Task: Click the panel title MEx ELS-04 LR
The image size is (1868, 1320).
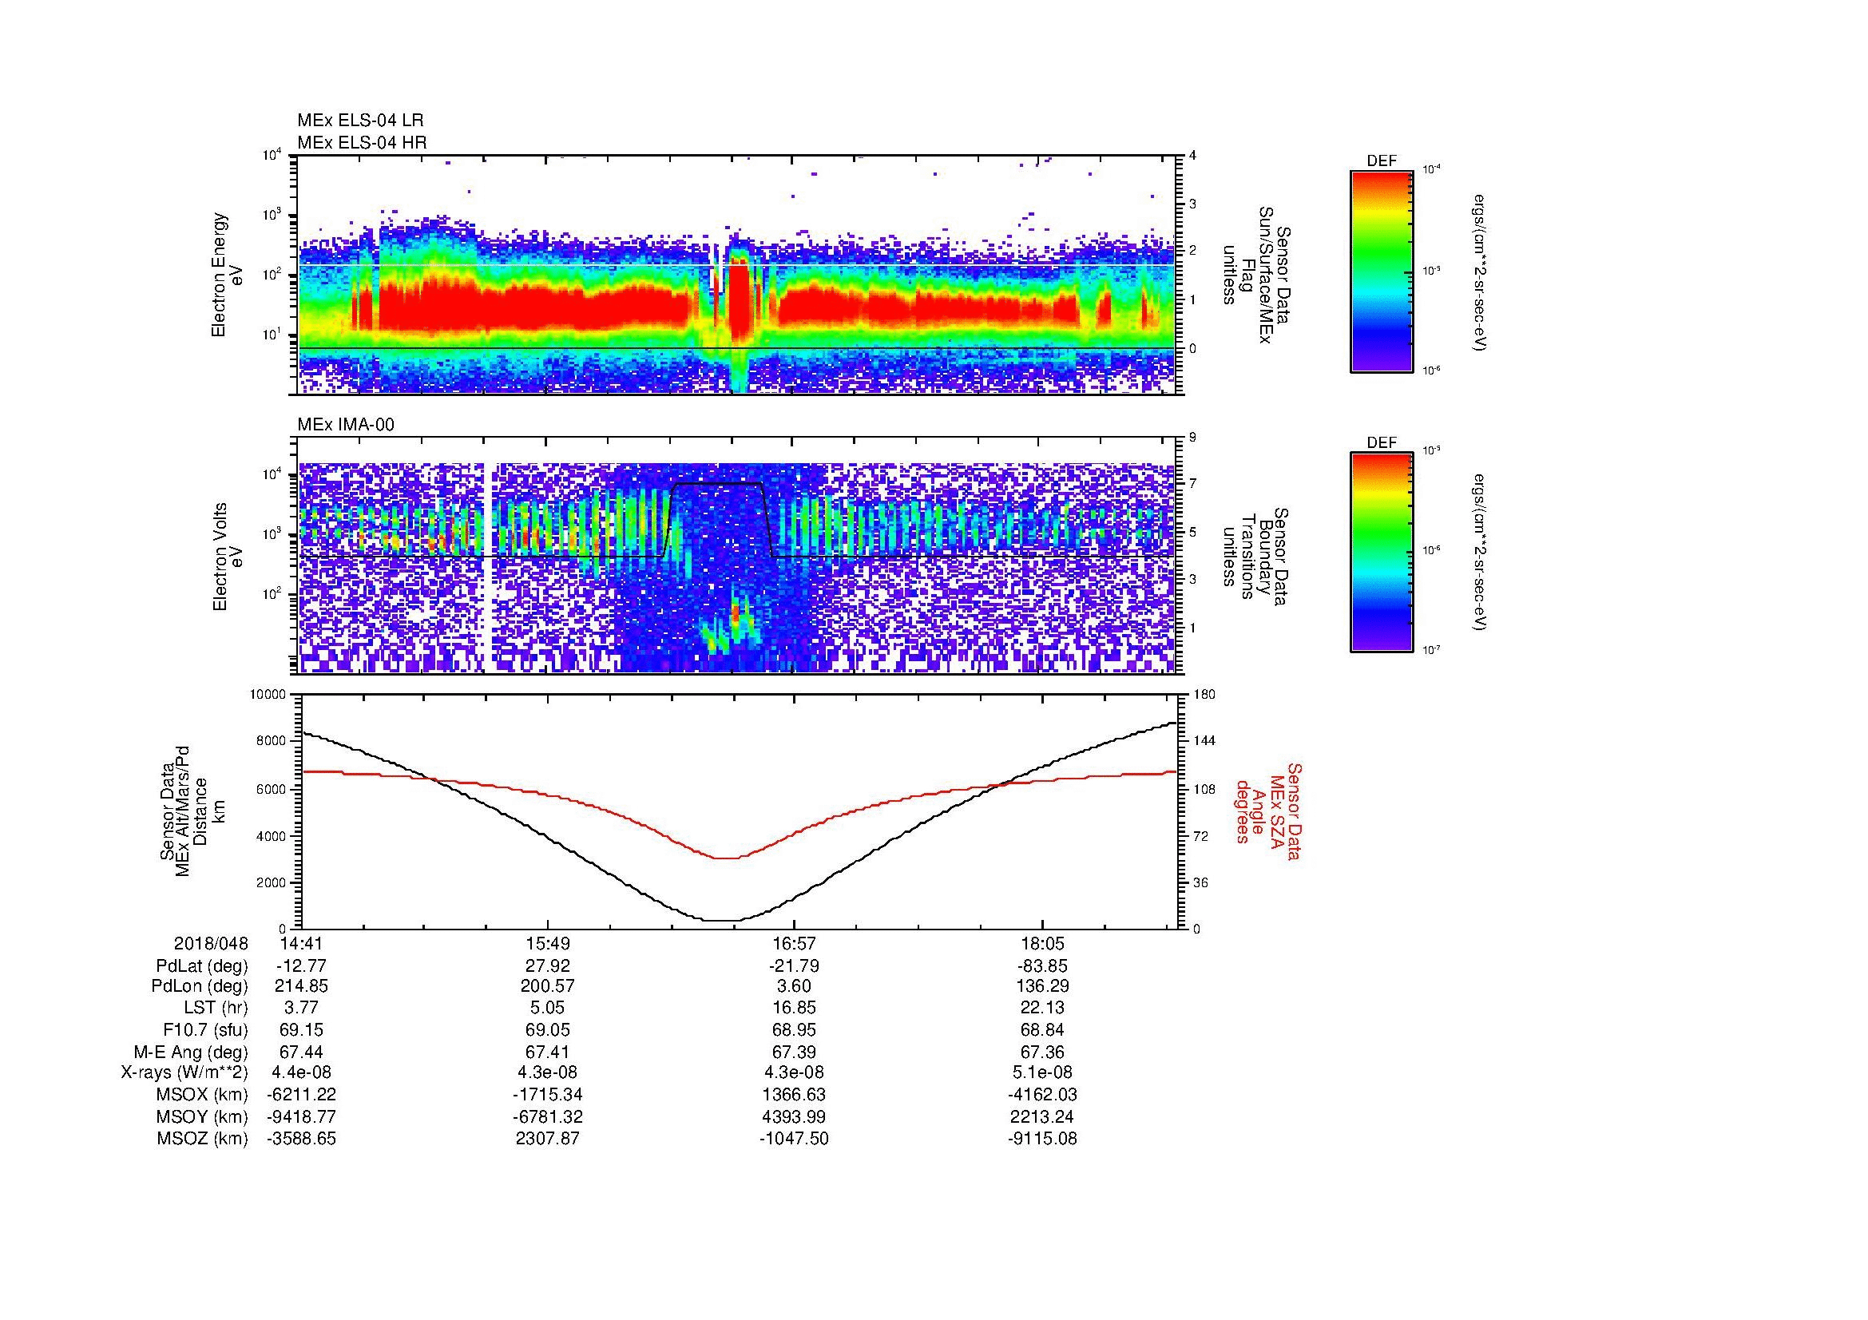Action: (x=359, y=121)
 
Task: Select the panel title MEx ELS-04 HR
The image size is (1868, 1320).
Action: (x=361, y=142)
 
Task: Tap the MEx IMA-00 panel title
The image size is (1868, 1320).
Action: (x=345, y=425)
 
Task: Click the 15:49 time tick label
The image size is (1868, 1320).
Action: (x=548, y=944)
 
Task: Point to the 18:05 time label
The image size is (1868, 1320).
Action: (x=1041, y=944)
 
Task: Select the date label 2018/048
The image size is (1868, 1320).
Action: (x=211, y=944)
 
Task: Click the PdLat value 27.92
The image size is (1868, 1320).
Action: (x=548, y=966)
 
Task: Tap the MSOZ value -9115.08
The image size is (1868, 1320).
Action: (x=1041, y=1140)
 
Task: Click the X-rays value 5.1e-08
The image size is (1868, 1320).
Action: (x=1041, y=1073)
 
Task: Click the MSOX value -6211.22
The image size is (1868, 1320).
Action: (x=301, y=1096)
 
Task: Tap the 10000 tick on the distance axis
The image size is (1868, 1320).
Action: (x=268, y=695)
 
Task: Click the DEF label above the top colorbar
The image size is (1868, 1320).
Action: (x=1381, y=162)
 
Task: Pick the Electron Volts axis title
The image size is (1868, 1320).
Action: (x=220, y=557)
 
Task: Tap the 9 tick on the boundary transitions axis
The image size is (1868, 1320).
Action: (x=1192, y=438)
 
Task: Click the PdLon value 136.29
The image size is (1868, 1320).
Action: (x=1041, y=987)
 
